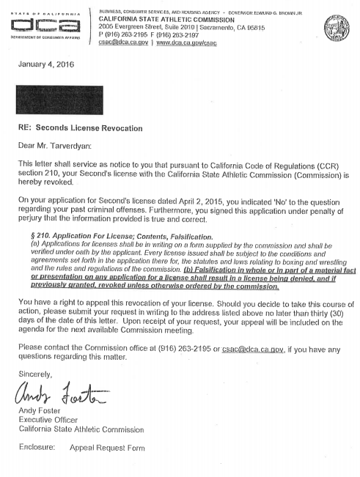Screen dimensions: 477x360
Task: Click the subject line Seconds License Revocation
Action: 90,128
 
